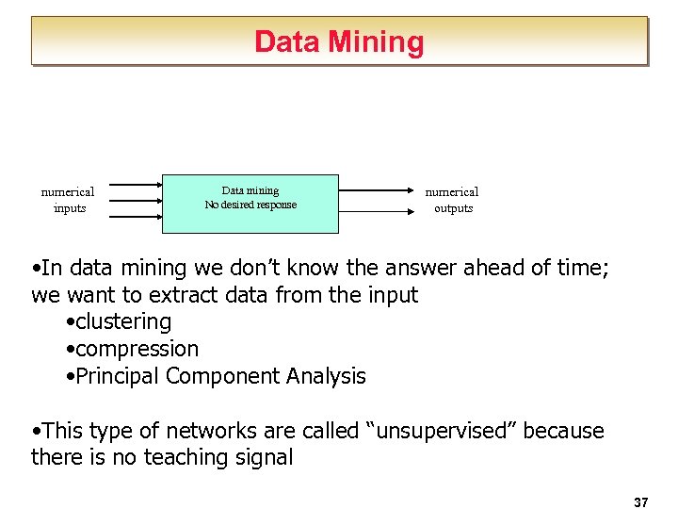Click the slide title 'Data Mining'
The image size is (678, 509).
tap(339, 41)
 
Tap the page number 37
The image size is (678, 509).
tap(641, 502)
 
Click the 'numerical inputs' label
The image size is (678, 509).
tap(68, 200)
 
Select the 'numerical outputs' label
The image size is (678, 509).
tap(453, 200)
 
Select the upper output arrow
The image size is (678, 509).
tap(377, 190)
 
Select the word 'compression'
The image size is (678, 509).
tap(137, 349)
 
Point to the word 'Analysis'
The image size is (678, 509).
tap(326, 376)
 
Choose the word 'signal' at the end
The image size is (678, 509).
tap(266, 458)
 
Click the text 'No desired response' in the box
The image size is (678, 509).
tap(250, 205)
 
